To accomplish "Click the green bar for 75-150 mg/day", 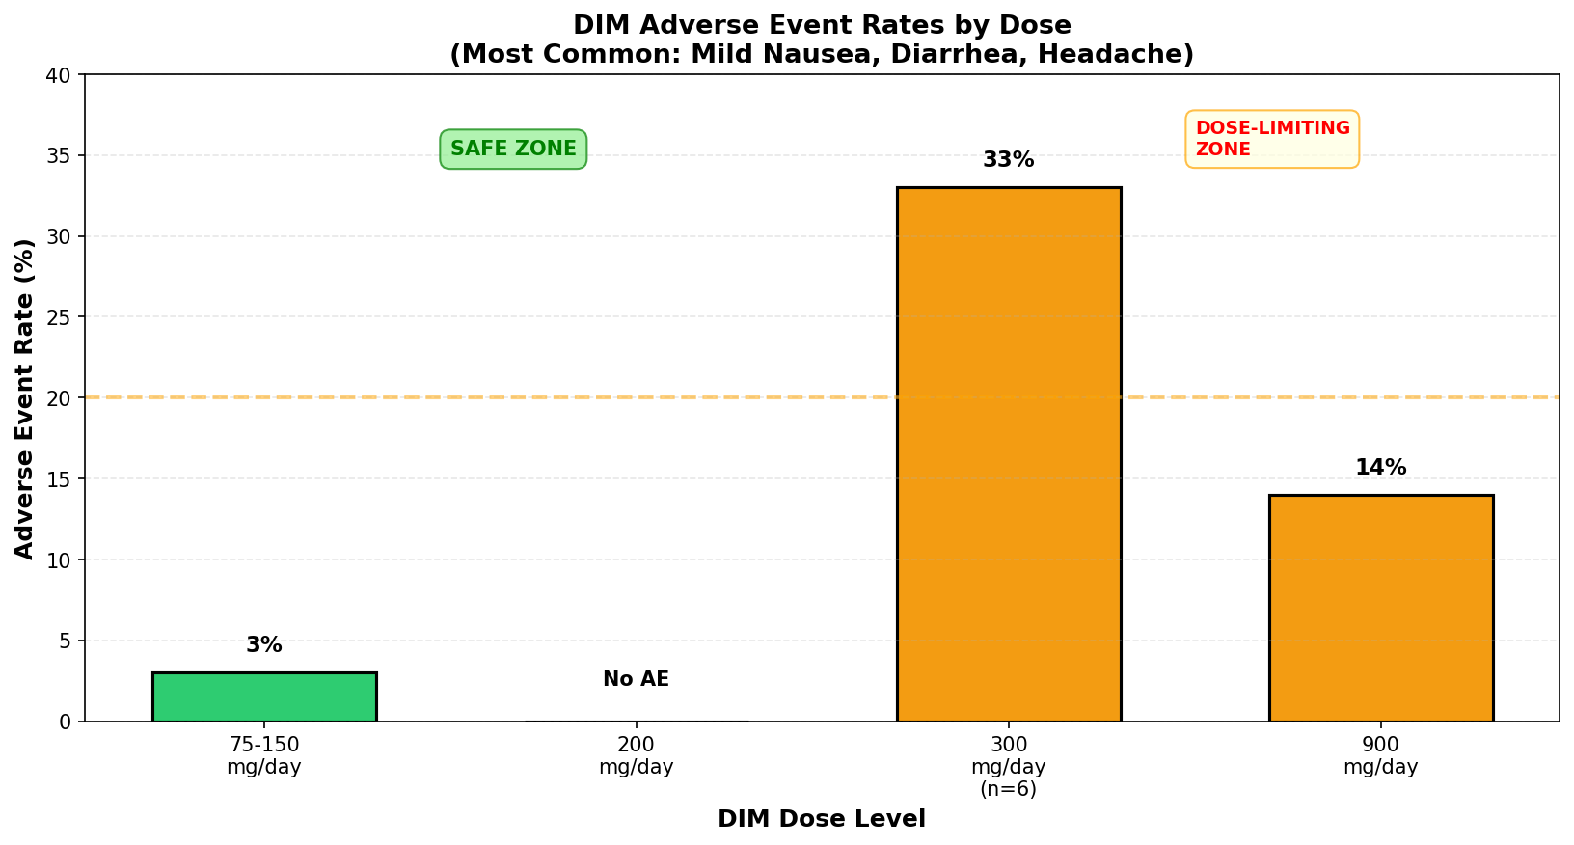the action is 264,696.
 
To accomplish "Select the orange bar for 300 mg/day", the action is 1009,454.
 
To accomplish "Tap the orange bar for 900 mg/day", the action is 1381,608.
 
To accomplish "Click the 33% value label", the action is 1009,159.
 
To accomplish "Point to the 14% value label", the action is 1381,467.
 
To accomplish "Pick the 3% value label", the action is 264,644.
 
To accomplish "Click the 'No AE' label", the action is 636,678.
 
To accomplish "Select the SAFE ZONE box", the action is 514,150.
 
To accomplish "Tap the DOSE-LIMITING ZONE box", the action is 1272,139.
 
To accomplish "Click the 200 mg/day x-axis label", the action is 636,755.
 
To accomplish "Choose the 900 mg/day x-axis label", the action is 1381,755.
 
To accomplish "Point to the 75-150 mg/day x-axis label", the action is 264,755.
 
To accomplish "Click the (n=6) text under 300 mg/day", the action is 1009,789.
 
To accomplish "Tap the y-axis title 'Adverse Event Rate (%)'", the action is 24,399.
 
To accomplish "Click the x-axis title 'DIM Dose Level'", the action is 822,819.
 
